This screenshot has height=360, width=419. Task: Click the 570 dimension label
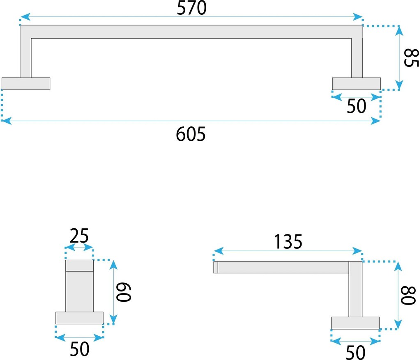tap(191, 8)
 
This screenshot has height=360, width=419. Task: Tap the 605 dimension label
tap(191, 134)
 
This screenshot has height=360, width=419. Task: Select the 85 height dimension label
tap(411, 57)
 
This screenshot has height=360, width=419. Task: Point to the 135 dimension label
tap(288, 242)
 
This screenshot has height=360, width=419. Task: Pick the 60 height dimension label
tap(124, 292)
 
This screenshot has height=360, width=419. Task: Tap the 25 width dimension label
tap(79, 236)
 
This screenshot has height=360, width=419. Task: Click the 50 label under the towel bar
tap(356, 106)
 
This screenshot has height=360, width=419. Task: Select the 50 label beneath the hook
tap(80, 349)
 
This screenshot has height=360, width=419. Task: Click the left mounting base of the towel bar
tap(26, 84)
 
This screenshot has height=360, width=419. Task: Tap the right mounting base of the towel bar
tap(357, 84)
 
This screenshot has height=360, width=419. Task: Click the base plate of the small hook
tap(79, 318)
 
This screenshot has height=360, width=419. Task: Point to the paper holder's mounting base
tap(355, 323)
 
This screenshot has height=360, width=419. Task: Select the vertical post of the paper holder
tap(355, 289)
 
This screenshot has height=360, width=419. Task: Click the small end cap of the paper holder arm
tap(216, 267)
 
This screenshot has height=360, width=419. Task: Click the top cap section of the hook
tap(79, 266)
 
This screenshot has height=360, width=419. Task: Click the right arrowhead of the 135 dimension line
tap(357, 251)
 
